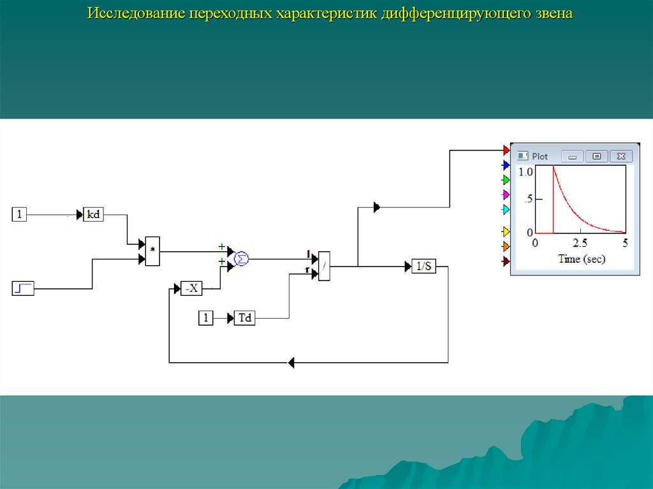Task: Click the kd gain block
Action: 93,215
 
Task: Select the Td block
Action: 244,317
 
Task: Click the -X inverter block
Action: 191,288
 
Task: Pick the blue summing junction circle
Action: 241,258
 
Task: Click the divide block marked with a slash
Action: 324,265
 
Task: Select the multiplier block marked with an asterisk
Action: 152,251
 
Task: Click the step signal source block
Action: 23,288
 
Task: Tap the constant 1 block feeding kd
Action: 20,215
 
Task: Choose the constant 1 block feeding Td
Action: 205,317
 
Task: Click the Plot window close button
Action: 620,156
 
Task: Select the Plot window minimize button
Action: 572,156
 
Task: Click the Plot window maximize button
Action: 596,156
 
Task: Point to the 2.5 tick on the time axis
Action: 580,243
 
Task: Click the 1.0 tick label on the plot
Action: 525,172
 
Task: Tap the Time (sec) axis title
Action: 582,259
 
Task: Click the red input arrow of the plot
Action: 506,150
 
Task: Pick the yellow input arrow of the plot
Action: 506,231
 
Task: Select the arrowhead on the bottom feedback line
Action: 291,363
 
